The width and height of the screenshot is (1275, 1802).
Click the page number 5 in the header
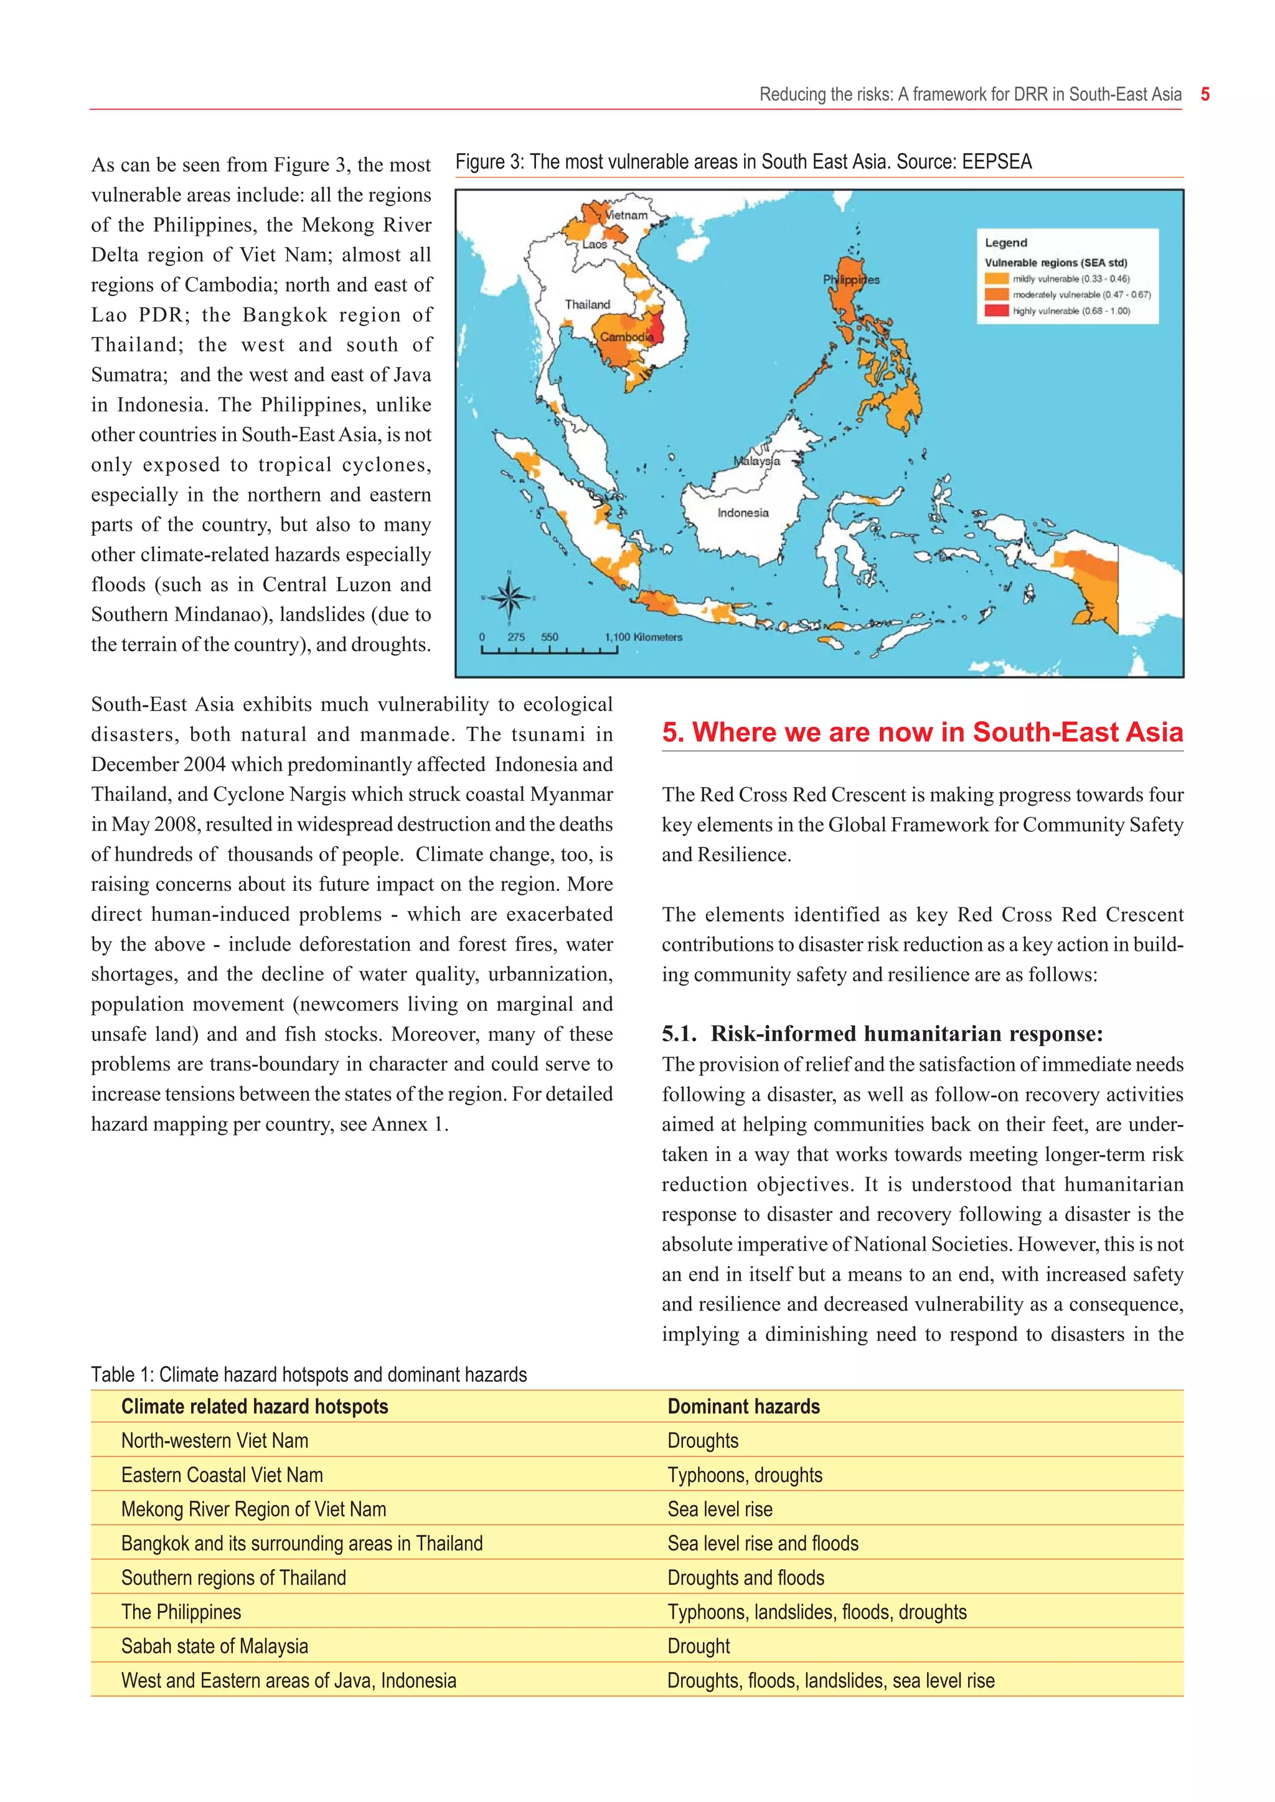tap(1205, 95)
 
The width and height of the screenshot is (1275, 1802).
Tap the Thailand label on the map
tap(587, 304)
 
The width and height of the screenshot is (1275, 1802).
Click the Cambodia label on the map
tap(626, 337)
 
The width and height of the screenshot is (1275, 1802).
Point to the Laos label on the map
tap(595, 244)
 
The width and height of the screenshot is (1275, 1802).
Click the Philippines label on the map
tap(851, 279)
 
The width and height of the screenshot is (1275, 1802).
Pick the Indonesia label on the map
tap(743, 513)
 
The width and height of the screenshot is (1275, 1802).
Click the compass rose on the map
tap(509, 598)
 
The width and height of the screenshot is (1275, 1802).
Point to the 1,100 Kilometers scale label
tap(643, 637)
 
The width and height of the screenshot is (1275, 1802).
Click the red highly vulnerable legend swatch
tap(996, 310)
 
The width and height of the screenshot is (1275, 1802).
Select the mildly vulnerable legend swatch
tap(996, 279)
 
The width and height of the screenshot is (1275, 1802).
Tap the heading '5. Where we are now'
tap(922, 732)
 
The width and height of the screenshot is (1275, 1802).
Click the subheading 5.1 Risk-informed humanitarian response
tap(882, 1034)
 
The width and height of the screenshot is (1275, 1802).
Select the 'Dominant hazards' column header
tap(743, 1406)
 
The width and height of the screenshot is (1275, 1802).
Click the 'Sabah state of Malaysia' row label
tap(214, 1646)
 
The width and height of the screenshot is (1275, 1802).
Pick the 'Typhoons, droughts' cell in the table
tap(745, 1475)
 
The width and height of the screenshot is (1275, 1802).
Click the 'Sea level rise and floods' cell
tap(763, 1543)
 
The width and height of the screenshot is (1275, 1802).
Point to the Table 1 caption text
tap(309, 1375)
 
